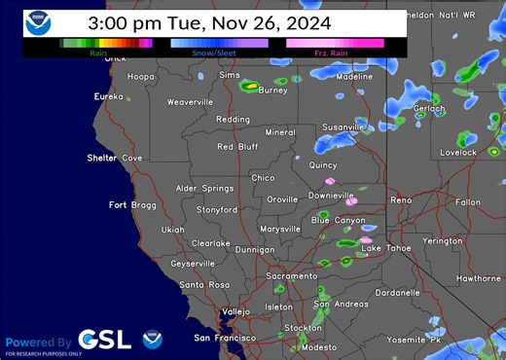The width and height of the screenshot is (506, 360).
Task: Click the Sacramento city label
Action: coord(292,276)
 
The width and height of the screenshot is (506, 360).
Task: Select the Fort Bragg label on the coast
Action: coord(131,204)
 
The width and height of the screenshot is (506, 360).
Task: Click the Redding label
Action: coord(233,120)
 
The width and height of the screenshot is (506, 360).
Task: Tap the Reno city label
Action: coord(401,199)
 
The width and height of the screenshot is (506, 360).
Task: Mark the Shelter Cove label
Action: coord(114,158)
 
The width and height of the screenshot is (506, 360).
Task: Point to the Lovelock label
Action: coord(457,153)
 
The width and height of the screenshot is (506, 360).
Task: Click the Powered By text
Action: coord(38,342)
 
